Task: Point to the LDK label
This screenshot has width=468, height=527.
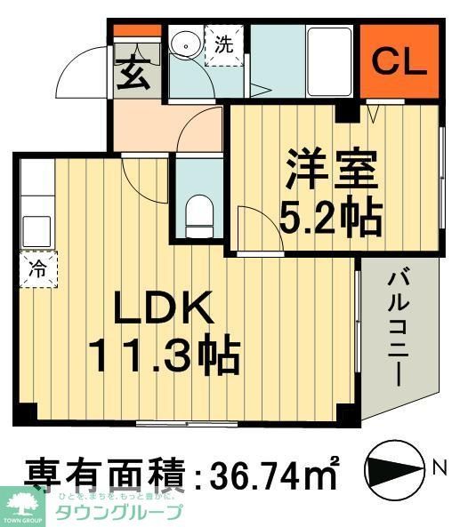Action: click(162, 309)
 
